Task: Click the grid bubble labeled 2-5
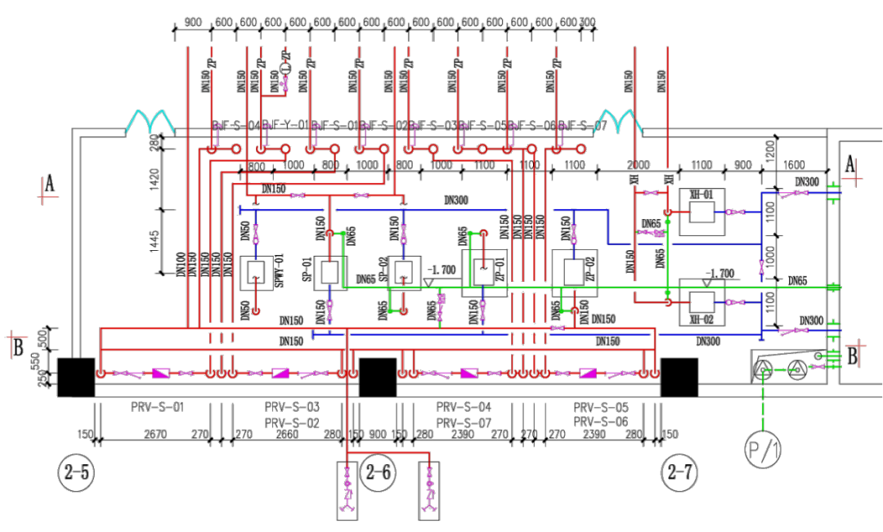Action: [x=75, y=473]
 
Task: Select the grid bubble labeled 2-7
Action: [x=679, y=473]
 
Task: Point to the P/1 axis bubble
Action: [x=761, y=450]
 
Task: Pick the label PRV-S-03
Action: [x=292, y=407]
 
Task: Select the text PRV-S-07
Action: [x=463, y=422]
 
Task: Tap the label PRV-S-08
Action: [x=600, y=422]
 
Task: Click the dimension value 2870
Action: [x=155, y=434]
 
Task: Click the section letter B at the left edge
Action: [x=18, y=346]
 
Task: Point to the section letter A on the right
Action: [x=850, y=165]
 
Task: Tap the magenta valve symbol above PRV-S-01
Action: [x=159, y=373]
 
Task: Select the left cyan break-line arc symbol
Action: [x=150, y=123]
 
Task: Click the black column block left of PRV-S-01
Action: [x=75, y=377]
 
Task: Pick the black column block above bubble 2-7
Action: [x=679, y=377]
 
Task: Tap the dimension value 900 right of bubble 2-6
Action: [x=378, y=434]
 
